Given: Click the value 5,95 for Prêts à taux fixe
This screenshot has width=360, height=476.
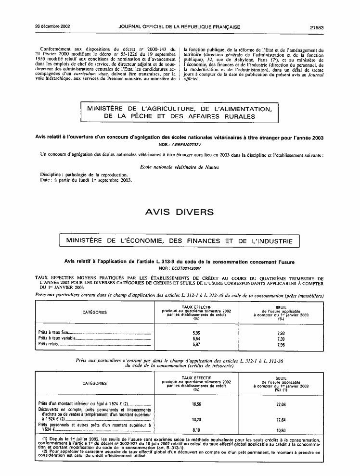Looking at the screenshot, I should [196, 332].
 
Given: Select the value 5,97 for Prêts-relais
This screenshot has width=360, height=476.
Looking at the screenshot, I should [196, 345].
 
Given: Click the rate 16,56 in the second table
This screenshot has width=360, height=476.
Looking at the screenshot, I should [196, 404].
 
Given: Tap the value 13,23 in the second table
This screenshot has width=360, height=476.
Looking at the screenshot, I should [196, 419].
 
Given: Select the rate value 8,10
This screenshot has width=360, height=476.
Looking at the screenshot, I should [196, 429].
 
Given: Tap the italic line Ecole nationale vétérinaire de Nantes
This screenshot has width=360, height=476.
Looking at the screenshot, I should [179, 167].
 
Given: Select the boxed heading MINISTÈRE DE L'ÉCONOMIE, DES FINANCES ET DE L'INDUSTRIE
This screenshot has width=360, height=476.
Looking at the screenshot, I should [179, 239].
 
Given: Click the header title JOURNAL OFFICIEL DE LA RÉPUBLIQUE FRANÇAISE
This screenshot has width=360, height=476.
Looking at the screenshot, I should [179, 27].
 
